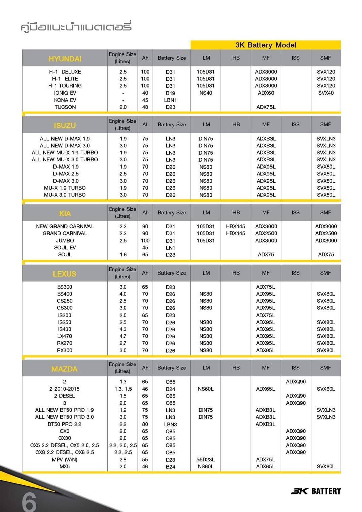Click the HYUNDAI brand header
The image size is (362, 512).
[65, 59]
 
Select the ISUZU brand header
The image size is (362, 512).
[65, 125]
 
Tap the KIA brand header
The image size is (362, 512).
[65, 213]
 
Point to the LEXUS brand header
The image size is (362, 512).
[65, 274]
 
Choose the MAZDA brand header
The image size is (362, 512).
[65, 369]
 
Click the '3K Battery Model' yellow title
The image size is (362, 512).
[266, 45]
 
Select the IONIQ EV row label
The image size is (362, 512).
[65, 93]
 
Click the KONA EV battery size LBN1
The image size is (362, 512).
[170, 100]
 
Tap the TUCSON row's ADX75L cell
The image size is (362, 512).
[266, 107]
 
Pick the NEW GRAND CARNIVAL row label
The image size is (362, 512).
[65, 226]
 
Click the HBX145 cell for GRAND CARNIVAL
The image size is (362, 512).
[236, 233]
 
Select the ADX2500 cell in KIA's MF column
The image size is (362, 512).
[266, 233]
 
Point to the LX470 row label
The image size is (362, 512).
[65, 336]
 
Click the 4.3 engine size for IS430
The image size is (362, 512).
[123, 329]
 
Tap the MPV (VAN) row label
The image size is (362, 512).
[65, 459]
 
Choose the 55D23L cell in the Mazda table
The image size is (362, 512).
[206, 459]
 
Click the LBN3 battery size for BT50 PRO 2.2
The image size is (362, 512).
[170, 424]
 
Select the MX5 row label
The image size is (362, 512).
[65, 466]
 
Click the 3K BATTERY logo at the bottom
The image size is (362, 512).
[316, 491]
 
